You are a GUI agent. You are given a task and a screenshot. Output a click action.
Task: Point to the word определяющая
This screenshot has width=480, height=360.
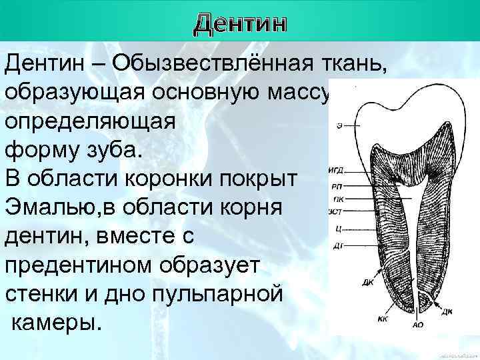pos(90,122)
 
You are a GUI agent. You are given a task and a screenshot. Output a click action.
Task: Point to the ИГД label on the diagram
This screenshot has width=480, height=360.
pos(336,171)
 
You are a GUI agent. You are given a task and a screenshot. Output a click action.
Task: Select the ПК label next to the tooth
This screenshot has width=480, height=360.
pos(338,199)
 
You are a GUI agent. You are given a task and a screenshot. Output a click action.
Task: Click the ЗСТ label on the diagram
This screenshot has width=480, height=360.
pos(335,213)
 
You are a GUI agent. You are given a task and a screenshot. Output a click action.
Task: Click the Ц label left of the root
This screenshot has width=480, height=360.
pos(339,229)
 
